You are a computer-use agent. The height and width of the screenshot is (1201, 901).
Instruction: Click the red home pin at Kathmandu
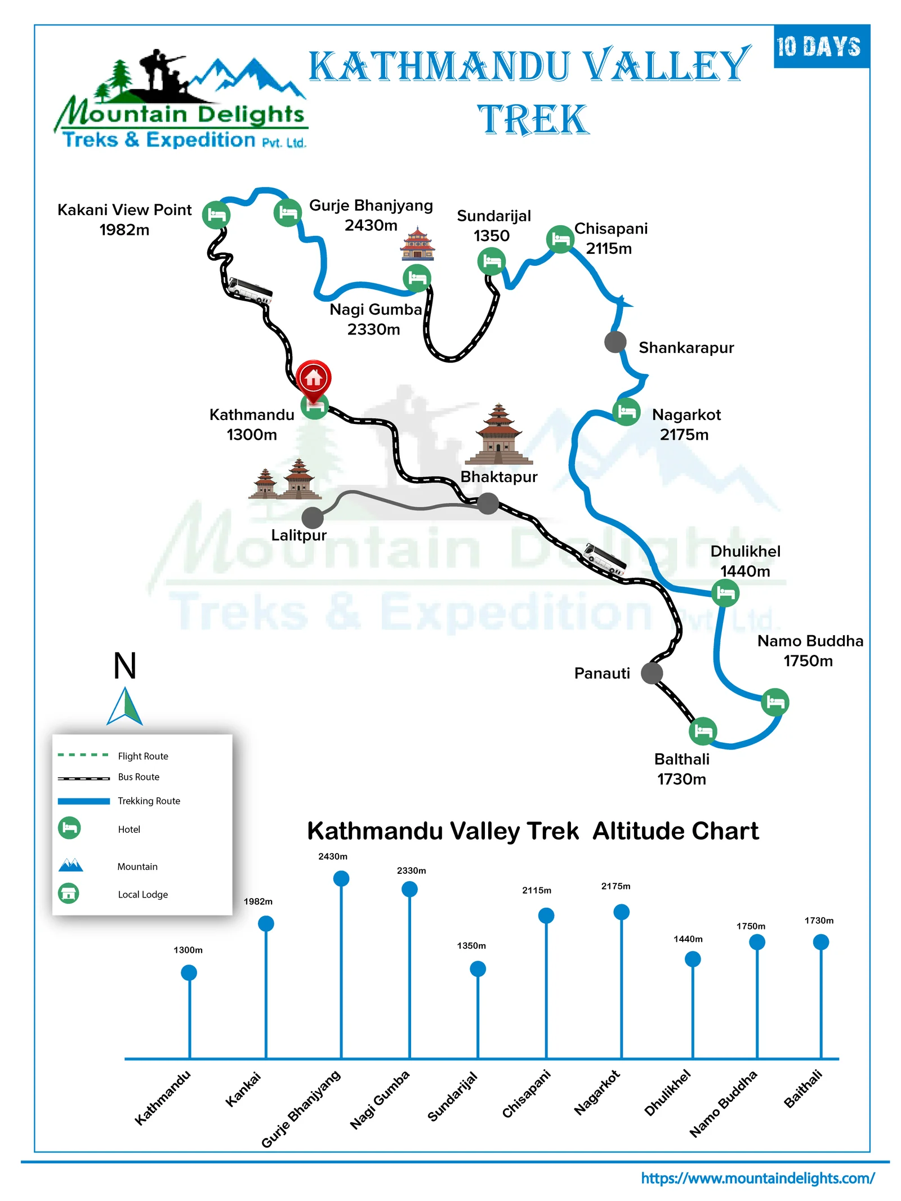313,377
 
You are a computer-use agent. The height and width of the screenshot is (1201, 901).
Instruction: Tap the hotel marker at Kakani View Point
216,215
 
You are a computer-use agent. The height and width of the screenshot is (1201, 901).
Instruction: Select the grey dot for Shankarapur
615,341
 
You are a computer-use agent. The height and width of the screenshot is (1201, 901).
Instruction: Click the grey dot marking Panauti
652,672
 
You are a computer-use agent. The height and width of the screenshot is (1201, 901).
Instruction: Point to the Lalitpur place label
298,535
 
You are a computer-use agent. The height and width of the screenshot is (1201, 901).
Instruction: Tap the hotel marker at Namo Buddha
775,702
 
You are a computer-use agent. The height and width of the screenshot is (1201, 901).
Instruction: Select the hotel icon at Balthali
703,731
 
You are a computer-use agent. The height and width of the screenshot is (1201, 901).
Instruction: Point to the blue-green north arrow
125,706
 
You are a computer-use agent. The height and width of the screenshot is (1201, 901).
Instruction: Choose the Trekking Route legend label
149,801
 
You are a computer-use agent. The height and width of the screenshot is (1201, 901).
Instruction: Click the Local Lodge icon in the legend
69,894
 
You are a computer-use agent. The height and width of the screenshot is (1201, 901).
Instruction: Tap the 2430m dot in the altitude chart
341,878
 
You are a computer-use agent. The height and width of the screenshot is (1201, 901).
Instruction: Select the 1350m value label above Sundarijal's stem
471,946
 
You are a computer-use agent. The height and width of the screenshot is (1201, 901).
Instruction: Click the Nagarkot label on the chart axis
596,1092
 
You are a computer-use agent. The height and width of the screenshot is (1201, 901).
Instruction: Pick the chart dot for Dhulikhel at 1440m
693,959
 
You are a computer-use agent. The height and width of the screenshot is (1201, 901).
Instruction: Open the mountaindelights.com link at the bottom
757,1178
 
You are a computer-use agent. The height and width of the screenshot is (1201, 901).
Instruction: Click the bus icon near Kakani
249,291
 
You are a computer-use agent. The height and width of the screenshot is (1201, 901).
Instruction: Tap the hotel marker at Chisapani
560,239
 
